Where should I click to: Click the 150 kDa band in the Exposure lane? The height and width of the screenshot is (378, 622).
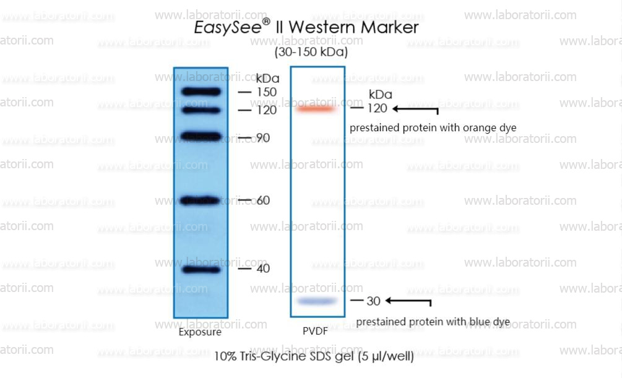201,92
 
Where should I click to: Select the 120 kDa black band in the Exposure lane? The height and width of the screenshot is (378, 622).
201,110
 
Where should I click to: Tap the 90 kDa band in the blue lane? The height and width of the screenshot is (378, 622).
201,137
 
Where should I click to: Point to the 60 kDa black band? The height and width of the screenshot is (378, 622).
200,200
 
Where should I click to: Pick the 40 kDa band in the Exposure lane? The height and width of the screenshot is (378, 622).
201,270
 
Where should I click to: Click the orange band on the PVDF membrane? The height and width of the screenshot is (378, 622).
316,108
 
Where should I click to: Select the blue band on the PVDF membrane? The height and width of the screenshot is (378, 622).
316,301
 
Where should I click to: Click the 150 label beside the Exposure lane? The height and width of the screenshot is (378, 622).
267,92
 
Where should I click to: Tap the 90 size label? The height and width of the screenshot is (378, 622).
263,137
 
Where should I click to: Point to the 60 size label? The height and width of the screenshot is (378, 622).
263,200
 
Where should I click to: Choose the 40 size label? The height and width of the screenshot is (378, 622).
263,268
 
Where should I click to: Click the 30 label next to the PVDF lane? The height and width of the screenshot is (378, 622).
373,301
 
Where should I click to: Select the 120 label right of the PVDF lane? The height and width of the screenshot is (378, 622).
377,108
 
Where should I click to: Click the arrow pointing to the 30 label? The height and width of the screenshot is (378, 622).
408,301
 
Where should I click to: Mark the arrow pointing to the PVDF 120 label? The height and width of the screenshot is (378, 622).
415,109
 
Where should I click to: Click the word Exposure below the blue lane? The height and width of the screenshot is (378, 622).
200,332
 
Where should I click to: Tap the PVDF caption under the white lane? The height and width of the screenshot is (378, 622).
316,331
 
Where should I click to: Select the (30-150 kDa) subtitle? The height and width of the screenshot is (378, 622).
311,52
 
